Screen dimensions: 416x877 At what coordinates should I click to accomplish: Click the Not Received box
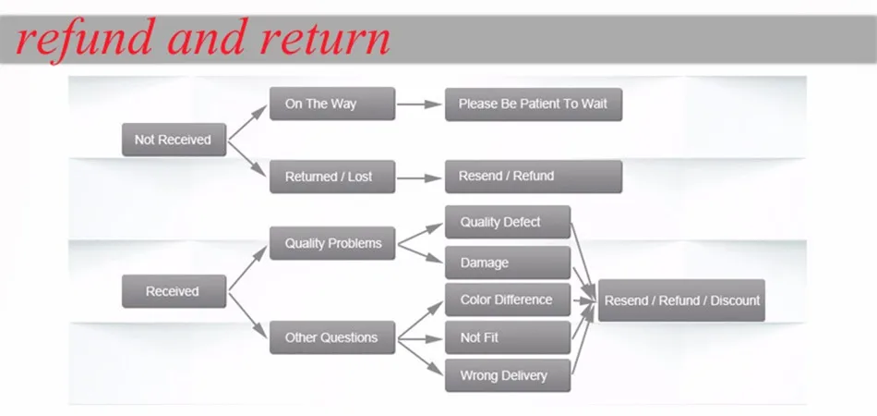(174, 141)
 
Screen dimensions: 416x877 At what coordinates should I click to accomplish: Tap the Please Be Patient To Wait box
(533, 104)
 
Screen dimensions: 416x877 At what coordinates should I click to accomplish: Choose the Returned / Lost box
(331, 177)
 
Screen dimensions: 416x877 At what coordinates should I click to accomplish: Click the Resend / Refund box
(533, 176)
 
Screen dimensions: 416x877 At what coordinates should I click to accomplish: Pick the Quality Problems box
(331, 244)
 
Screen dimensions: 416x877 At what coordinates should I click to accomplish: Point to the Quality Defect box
(507, 223)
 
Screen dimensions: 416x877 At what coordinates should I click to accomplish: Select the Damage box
(507, 263)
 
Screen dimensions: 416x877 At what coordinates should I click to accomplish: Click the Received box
(174, 291)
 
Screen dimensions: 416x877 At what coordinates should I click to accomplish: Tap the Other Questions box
(331, 337)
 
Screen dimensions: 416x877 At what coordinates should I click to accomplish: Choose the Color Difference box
(507, 300)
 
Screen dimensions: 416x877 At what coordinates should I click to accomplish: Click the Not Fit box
(507, 338)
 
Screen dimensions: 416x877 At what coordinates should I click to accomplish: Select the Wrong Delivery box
(507, 376)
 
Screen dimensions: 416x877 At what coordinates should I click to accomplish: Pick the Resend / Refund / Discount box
(681, 300)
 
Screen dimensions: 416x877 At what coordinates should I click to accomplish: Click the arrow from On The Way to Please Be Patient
(420, 104)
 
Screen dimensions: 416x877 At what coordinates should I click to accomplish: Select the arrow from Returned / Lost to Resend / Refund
(420, 177)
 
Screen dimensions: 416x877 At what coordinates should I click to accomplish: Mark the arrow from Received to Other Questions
(247, 315)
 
